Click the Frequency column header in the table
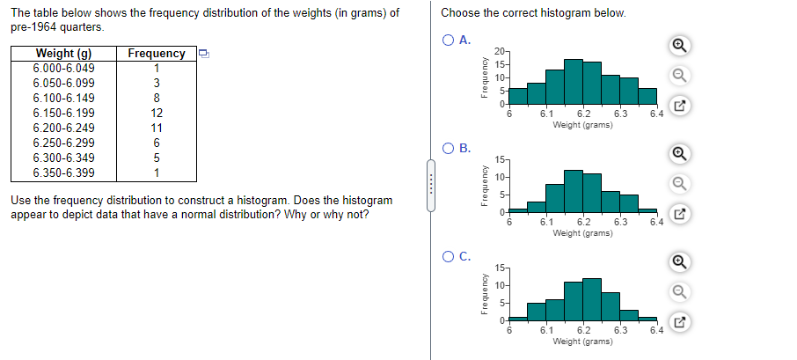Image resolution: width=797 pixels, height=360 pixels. (x=157, y=53)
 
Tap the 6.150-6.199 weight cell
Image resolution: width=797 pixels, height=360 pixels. (x=63, y=113)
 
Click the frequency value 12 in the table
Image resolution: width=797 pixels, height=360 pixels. (x=157, y=113)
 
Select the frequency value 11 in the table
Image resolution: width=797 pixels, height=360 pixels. (x=157, y=128)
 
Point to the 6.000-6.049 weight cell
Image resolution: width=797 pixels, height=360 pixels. (x=63, y=68)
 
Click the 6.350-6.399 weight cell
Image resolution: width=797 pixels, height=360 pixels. (x=63, y=173)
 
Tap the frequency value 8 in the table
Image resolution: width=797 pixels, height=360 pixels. (x=157, y=98)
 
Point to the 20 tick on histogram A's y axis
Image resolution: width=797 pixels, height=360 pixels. (x=498, y=51)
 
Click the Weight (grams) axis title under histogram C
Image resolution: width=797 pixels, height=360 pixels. (x=582, y=341)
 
